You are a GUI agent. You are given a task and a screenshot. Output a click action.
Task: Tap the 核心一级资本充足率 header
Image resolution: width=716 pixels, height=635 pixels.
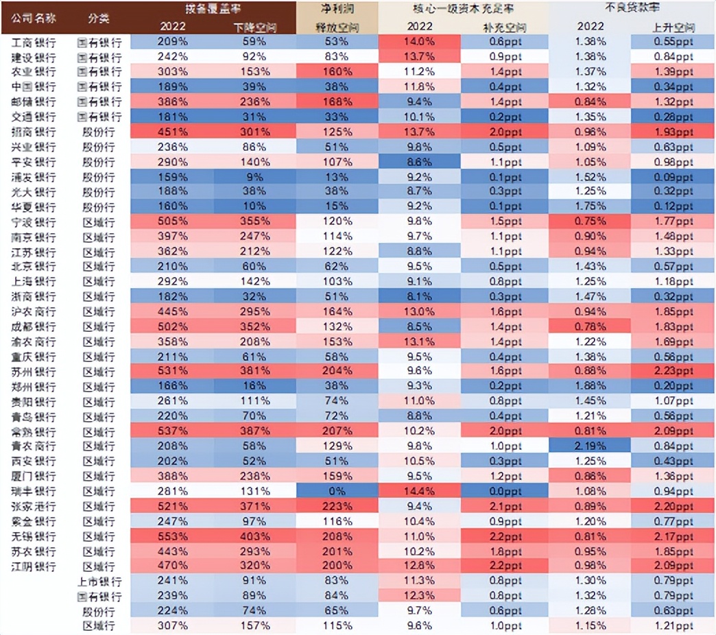(464, 9)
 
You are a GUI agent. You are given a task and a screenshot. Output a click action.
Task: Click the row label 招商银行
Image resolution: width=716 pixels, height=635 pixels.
(34, 132)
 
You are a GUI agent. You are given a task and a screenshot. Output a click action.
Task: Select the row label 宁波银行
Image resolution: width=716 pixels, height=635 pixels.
(34, 221)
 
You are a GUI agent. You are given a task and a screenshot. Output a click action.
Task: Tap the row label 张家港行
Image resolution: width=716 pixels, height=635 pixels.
(34, 507)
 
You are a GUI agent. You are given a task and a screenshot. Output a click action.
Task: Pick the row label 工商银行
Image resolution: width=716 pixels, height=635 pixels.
(34, 42)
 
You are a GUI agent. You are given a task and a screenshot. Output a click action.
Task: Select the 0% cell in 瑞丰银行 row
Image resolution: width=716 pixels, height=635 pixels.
(337, 492)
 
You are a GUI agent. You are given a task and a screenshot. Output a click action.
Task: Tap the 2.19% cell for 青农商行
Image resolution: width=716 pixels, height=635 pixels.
(590, 446)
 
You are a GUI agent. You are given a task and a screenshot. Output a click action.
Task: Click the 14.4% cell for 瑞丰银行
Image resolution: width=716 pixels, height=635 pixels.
(419, 492)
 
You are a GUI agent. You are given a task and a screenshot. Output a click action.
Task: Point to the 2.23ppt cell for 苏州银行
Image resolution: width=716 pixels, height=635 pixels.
(673, 372)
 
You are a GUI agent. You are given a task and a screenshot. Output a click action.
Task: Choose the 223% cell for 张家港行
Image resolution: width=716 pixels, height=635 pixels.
(337, 507)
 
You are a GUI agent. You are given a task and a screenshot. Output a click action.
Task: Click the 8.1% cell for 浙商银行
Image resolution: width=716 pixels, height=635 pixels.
(419, 297)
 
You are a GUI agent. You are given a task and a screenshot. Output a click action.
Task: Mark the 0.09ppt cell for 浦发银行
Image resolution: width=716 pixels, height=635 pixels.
(673, 177)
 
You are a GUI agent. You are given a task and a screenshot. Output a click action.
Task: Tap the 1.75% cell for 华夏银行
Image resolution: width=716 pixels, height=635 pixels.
(590, 206)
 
